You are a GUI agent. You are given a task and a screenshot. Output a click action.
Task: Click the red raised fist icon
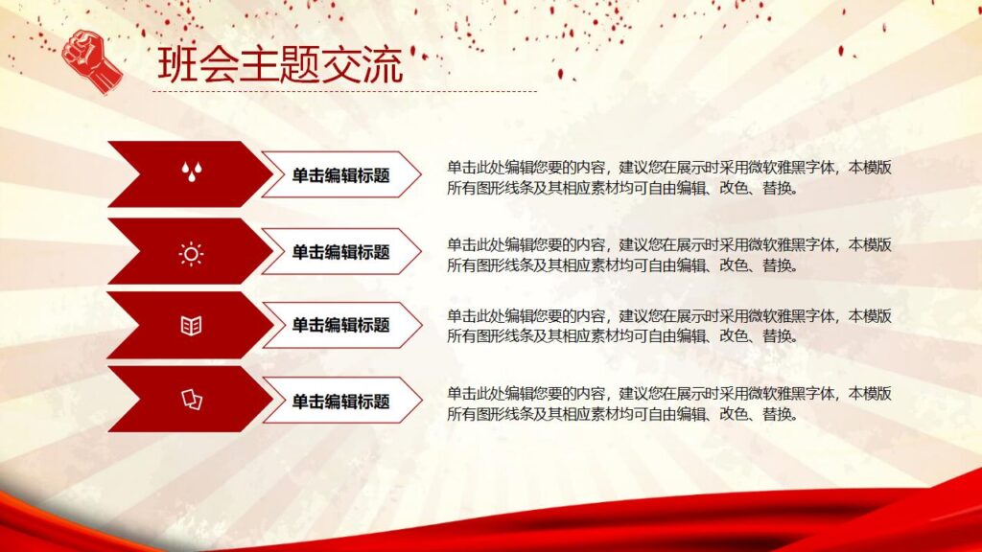[x=91, y=60]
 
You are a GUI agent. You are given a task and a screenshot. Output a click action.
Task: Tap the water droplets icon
[x=192, y=172]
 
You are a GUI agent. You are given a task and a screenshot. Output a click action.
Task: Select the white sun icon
[x=191, y=253]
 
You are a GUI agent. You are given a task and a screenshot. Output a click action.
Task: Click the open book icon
[x=191, y=326]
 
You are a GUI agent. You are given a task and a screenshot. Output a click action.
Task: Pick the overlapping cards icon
[x=192, y=399]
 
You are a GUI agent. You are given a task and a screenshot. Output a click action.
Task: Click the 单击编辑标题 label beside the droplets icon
[x=340, y=174]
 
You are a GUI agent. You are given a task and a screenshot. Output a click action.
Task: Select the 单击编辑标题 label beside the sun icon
[x=340, y=252]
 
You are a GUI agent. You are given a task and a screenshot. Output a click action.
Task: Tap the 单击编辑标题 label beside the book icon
[x=340, y=325]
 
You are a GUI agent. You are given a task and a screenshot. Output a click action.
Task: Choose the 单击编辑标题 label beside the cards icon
[x=340, y=401]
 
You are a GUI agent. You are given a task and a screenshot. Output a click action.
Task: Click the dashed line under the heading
[x=345, y=92]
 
